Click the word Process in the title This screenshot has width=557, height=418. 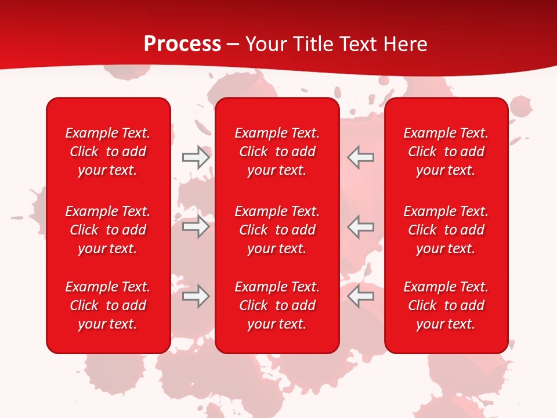pos(182,44)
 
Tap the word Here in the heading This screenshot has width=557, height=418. pos(404,44)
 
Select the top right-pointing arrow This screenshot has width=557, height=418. pos(196,157)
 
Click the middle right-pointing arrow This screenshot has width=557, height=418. pos(196,226)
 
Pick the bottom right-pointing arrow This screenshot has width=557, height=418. pos(196,297)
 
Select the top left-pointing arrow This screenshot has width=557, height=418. pos(361,157)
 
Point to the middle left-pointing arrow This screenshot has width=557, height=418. pos(361,226)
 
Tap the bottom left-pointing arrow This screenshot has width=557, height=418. pos(361,297)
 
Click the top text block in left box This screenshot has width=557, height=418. pos(108,152)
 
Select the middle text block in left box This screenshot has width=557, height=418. pos(108,230)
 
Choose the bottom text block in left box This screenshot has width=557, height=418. pos(108,305)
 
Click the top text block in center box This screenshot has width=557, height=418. pos(277,152)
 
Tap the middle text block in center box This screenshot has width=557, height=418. pos(277,230)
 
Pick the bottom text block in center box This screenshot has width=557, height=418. pos(277,305)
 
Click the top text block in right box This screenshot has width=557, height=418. pos(446,152)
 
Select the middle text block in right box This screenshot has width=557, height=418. pos(446,230)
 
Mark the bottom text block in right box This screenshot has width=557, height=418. pos(446,305)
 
